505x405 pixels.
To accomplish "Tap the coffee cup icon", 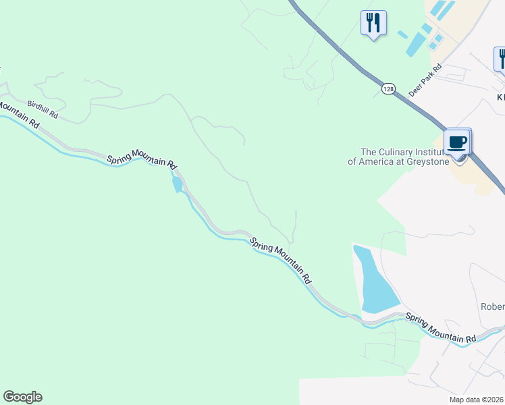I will (458, 143).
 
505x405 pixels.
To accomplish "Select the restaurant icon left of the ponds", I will (373, 24).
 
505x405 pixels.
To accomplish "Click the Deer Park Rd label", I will (425, 80).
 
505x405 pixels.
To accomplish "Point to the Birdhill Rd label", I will (43, 109).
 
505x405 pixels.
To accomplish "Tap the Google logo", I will (22, 397).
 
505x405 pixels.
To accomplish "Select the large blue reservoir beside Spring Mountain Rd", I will (375, 279).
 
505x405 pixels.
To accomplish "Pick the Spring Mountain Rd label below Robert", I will (441, 328).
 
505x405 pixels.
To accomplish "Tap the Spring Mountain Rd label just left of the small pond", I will (142, 160).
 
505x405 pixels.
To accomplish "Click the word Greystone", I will (426, 161).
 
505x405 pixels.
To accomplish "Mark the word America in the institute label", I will (375, 161).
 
